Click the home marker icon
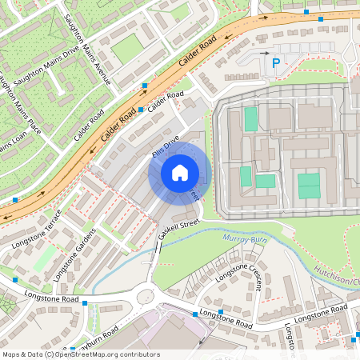(x=180, y=173)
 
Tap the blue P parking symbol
(x=276, y=62)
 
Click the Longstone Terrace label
(x=42, y=227)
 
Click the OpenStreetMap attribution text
(x=80, y=354)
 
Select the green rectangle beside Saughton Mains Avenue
(x=126, y=48)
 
